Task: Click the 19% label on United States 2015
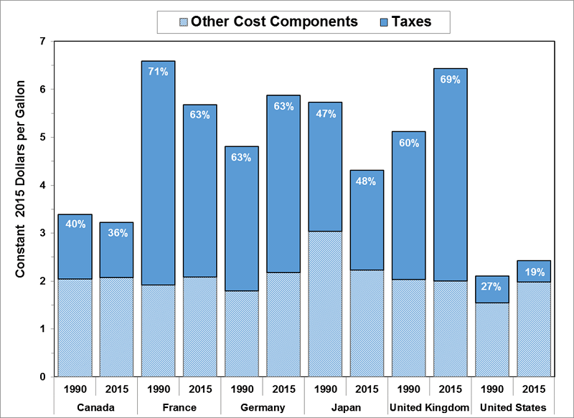click(x=535, y=272)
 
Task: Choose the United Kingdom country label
click(x=430, y=407)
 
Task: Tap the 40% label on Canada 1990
click(x=75, y=224)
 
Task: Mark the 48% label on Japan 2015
click(x=367, y=181)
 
